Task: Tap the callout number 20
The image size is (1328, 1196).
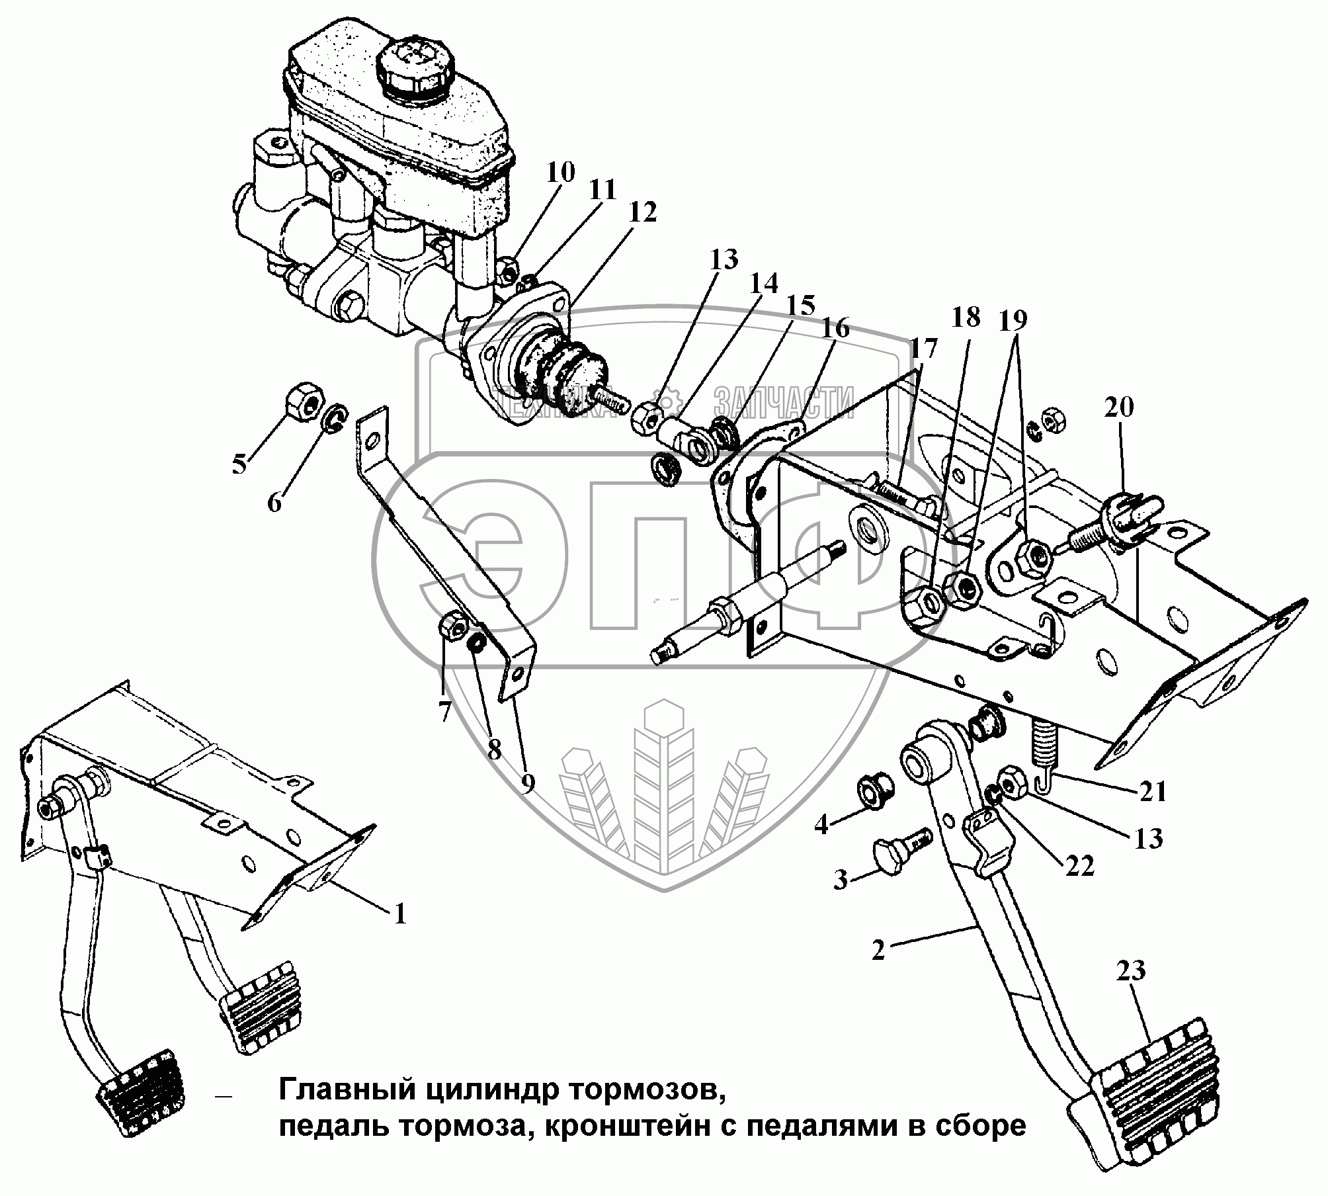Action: point(1118,407)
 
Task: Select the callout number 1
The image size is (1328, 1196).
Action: point(399,914)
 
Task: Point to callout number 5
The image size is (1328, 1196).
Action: point(239,464)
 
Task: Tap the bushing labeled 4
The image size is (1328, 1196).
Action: point(875,792)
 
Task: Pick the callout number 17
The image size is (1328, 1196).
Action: point(923,349)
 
